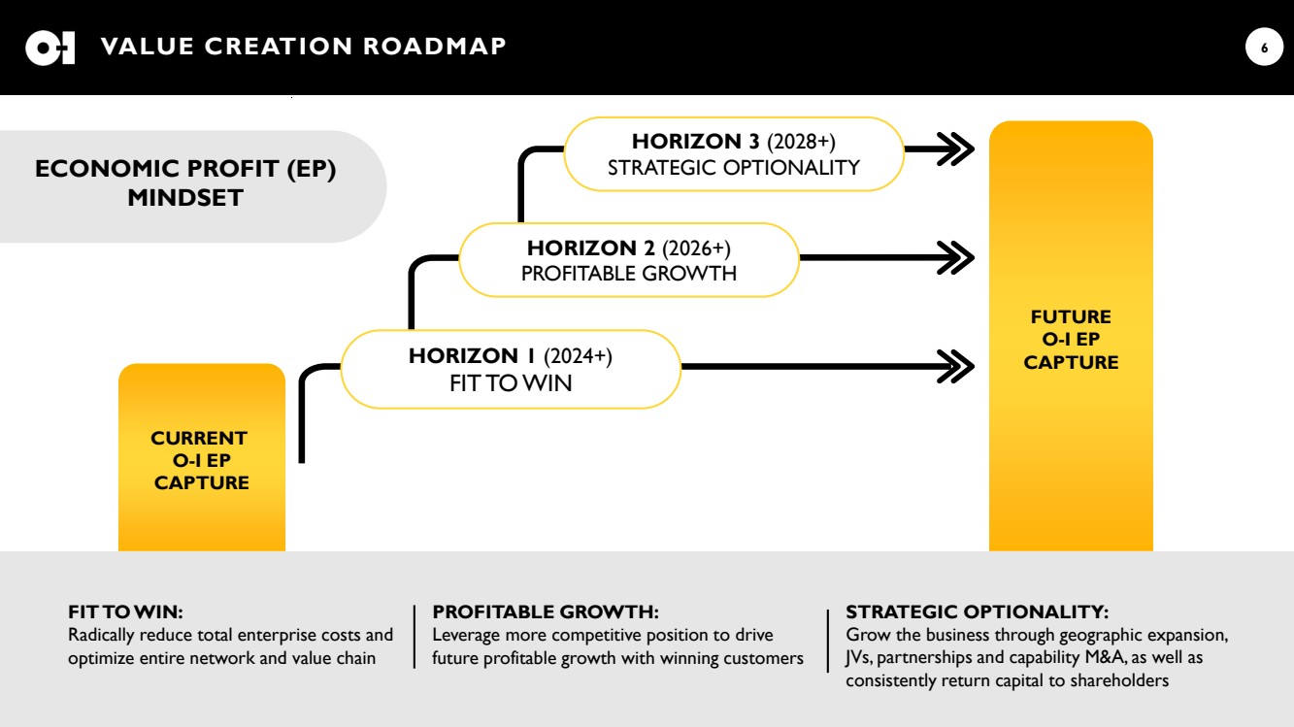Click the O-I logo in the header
[50, 48]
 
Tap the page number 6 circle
[1264, 47]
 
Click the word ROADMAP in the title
[435, 47]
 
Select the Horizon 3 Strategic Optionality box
[734, 154]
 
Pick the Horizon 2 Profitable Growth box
[629, 260]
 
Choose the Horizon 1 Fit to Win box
[511, 370]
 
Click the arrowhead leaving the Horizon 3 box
[956, 149]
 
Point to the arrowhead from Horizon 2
[956, 257]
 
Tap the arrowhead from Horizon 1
[956, 366]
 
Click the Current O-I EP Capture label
[201, 460]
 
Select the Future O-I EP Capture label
[1071, 340]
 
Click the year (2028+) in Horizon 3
[801, 142]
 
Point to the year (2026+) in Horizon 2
[696, 248]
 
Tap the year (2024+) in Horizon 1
[578, 356]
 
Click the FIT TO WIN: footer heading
[125, 611]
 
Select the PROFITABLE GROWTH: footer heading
[546, 611]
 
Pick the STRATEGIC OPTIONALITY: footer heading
[977, 611]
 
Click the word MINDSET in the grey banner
[185, 198]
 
